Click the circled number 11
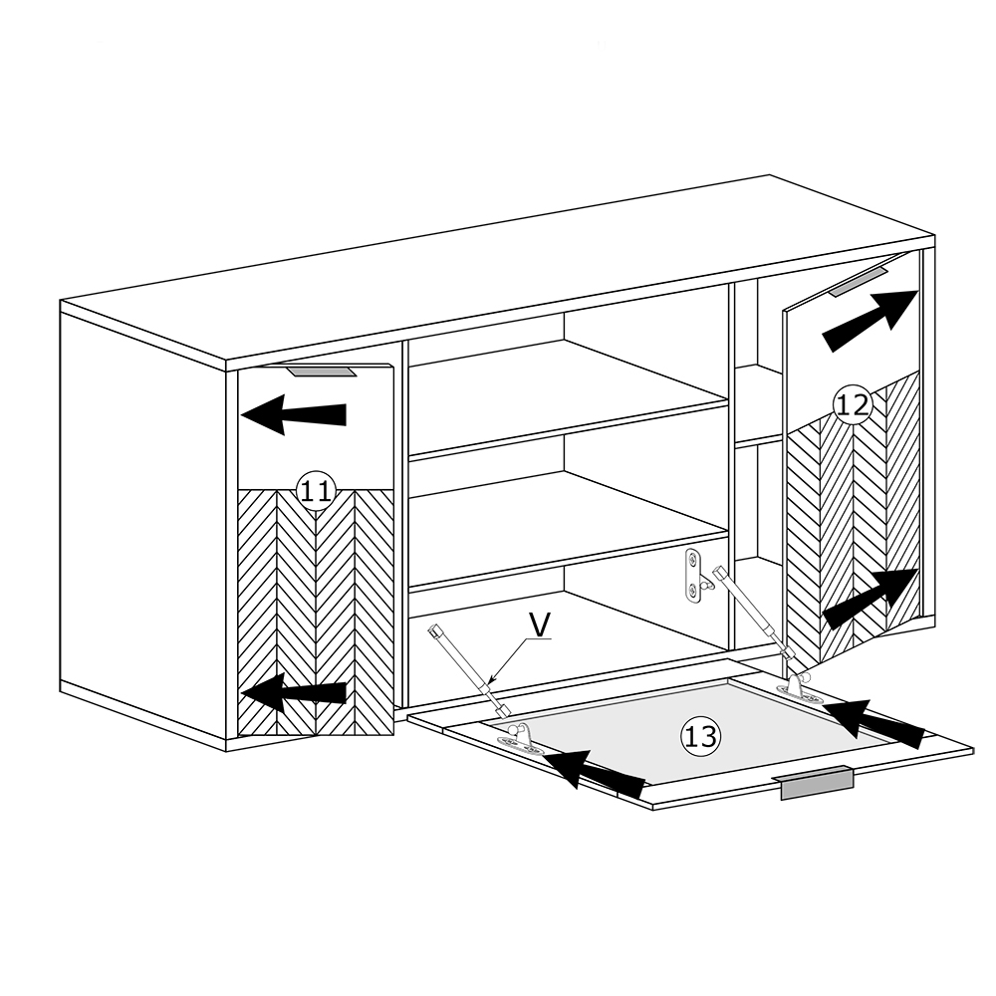316,491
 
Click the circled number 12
852,404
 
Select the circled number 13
700,737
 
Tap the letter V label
539,625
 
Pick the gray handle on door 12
857,281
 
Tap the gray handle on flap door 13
816,783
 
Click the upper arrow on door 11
294,414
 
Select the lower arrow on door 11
294,692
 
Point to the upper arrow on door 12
871,321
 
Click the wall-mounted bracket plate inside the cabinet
695,576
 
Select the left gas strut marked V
467,670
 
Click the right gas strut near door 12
754,615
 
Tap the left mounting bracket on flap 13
520,739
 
